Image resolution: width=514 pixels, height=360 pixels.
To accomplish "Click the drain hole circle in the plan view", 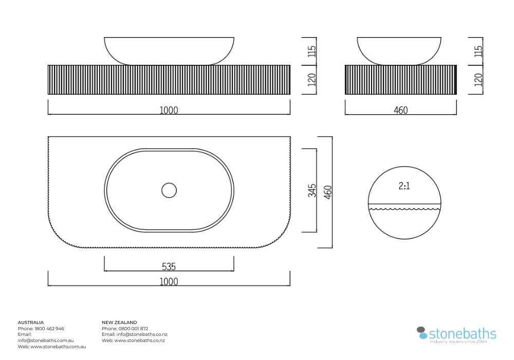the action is pyautogui.click(x=169, y=183).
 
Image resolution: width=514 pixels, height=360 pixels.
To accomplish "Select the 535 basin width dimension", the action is pyautogui.click(x=169, y=266).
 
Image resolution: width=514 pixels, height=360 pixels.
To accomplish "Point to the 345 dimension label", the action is pyautogui.click(x=312, y=190).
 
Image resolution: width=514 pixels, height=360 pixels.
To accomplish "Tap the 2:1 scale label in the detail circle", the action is pyautogui.click(x=404, y=186).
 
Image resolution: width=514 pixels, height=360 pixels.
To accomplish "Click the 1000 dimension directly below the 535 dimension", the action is pyautogui.click(x=169, y=282).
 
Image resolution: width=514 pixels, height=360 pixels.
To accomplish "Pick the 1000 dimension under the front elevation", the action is pyautogui.click(x=169, y=110).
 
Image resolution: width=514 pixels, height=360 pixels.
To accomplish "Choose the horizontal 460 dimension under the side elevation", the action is pyautogui.click(x=400, y=110).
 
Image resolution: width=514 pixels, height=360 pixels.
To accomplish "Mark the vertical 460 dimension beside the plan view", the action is pyautogui.click(x=328, y=192).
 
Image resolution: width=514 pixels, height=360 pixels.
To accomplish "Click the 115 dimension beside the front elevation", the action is pyautogui.click(x=312, y=51).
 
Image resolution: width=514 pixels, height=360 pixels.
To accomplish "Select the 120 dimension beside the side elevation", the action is pyautogui.click(x=478, y=80).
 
